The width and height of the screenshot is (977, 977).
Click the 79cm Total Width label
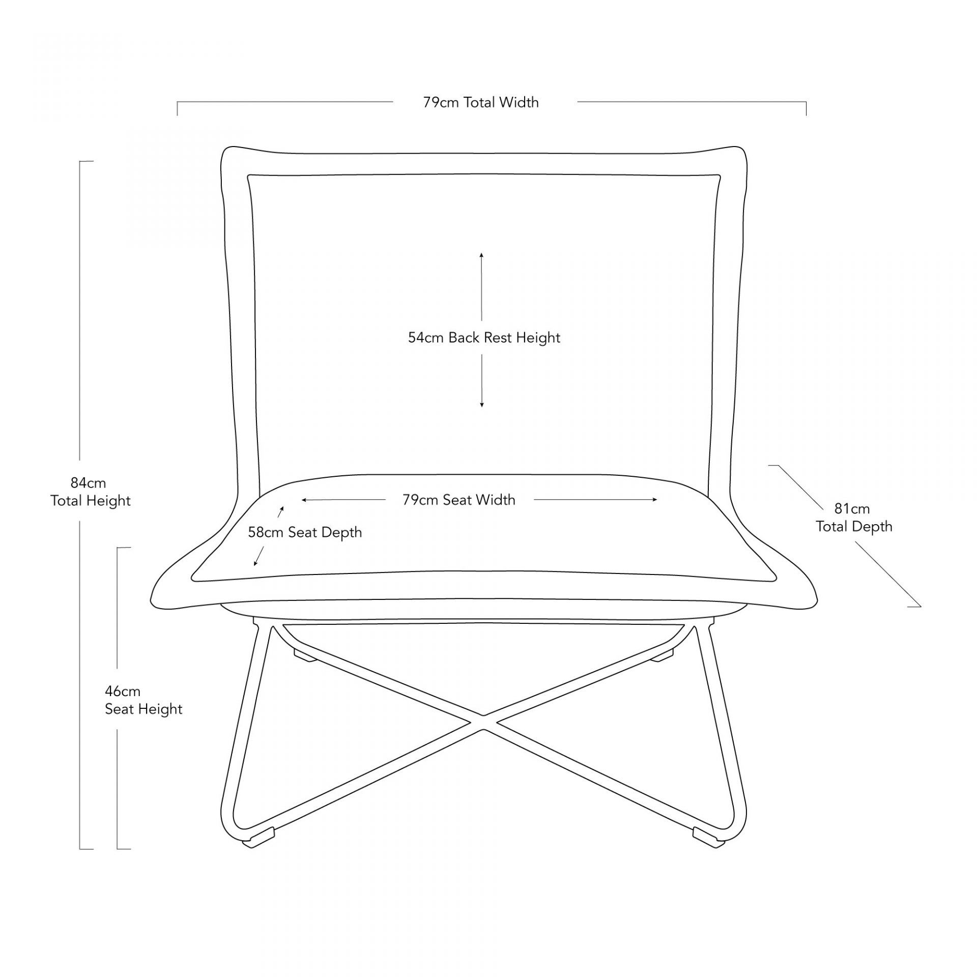[x=481, y=102]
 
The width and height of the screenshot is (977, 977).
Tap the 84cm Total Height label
[x=90, y=492]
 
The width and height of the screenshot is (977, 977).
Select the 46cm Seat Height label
[x=143, y=700]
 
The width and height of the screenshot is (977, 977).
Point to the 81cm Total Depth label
[x=854, y=517]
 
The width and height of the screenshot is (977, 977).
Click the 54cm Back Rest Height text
[x=484, y=338]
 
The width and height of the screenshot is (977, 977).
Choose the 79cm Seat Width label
[x=458, y=500]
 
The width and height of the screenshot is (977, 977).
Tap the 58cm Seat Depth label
[x=305, y=532]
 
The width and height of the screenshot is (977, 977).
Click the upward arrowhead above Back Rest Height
[x=481, y=254]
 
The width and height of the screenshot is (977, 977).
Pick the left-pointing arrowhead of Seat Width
[x=304, y=500]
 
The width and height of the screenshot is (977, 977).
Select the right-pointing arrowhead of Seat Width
[x=655, y=500]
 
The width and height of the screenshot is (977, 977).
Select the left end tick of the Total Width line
[x=177, y=108]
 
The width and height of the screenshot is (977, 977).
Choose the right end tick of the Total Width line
[x=806, y=108]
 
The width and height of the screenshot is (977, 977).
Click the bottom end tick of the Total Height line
[x=86, y=849]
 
